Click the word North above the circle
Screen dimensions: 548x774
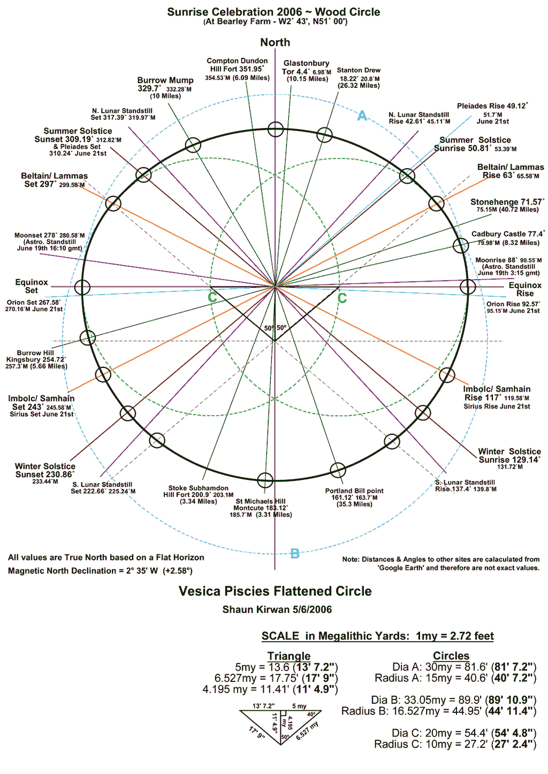tap(275, 42)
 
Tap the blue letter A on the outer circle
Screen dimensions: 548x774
tap(362, 116)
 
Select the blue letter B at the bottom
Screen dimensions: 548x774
tap(295, 554)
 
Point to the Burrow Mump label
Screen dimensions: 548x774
tap(165, 85)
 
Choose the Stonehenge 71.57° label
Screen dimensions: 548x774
tap(507, 202)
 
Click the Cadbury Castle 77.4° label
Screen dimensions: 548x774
tap(507, 234)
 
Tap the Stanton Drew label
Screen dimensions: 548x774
tap(359, 71)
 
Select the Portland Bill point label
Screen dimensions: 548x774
tap(354, 491)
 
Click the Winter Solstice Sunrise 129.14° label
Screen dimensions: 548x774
tap(509, 456)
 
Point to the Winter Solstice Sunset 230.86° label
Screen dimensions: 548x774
tap(45, 470)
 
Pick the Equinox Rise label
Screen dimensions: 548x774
tap(525, 289)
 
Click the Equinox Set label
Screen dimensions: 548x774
tap(32, 286)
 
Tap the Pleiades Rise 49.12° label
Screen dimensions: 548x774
tap(492, 106)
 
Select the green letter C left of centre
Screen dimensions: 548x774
tap(212, 297)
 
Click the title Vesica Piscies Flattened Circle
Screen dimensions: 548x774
tap(275, 591)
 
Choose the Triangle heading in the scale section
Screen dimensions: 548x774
tap(289, 656)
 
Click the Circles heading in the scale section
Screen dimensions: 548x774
tap(451, 656)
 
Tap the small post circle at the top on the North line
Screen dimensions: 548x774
tap(276, 129)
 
